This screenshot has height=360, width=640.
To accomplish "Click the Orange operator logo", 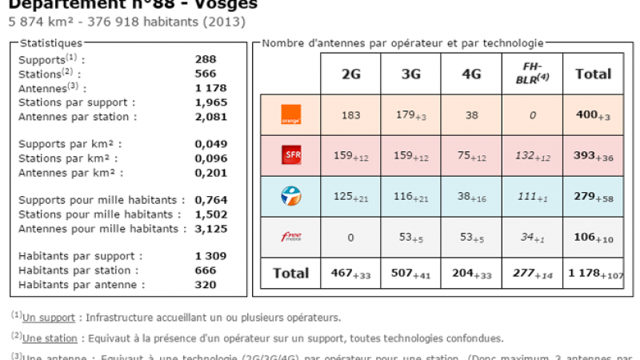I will tap(290, 114).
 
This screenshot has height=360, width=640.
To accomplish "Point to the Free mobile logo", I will tap(290, 236).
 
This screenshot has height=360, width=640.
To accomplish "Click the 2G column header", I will tap(350, 74).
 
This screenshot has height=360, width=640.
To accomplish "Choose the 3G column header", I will tap(411, 74).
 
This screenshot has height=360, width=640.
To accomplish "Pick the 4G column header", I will tap(471, 74).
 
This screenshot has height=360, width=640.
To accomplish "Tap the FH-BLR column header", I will tap(532, 74).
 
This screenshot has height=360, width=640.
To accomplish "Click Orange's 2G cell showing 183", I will tap(350, 115).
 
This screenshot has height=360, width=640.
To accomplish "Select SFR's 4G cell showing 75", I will tap(471, 156).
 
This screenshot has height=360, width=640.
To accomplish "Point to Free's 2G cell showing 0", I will tap(350, 237).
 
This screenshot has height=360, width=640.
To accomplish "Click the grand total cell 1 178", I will tap(593, 274).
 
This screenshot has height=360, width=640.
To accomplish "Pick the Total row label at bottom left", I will tap(290, 273).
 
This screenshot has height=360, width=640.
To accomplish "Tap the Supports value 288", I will tap(206, 59).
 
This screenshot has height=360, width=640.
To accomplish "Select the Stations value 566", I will tap(206, 74).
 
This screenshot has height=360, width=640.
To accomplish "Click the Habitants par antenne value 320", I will tap(206, 284).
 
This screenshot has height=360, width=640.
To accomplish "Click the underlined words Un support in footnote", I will tap(49, 318).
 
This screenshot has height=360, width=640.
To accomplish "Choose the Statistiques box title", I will tap(50, 42).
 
